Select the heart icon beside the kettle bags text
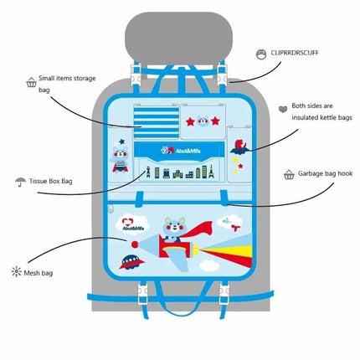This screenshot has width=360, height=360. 282,108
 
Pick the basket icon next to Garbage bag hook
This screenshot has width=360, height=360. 289,176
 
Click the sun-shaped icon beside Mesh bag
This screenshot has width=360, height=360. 16,271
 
